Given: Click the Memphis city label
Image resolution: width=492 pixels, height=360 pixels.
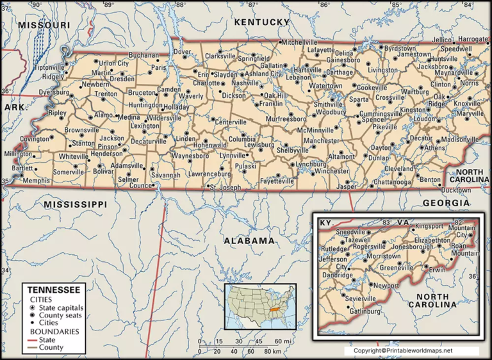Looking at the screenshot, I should coord(36,181).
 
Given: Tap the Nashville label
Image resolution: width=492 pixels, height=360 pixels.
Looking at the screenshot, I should coord(245,83).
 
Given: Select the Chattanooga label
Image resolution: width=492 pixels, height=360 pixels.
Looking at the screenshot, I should coord(375,182).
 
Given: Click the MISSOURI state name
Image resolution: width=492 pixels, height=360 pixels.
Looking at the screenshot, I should coord(44,24).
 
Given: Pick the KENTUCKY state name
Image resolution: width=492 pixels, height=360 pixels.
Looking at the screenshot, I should coord(262,22).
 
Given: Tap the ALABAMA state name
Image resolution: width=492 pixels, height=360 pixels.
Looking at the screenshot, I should coord(249,240).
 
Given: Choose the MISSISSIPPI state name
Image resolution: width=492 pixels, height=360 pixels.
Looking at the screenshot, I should coord(75,204).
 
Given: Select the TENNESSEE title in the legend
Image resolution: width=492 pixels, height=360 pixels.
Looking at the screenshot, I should coord(53,290).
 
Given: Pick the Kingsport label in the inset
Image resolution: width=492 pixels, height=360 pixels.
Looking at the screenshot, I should coord(429,226).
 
